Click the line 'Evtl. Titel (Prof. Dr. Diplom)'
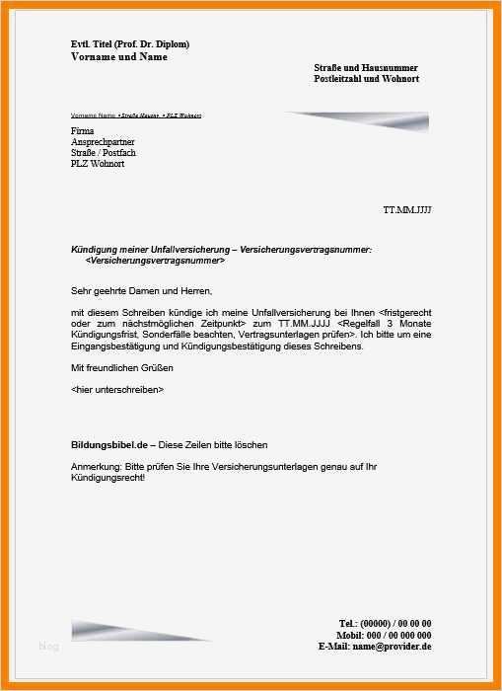(130, 44)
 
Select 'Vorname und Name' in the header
(119, 57)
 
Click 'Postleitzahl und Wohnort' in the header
(366, 78)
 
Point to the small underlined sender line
(136, 116)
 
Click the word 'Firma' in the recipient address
(84, 130)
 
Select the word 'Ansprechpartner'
(105, 141)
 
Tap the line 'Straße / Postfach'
(105, 152)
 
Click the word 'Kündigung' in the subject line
(93, 251)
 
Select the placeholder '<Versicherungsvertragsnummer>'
(156, 262)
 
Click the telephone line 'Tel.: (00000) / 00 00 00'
(385, 623)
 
